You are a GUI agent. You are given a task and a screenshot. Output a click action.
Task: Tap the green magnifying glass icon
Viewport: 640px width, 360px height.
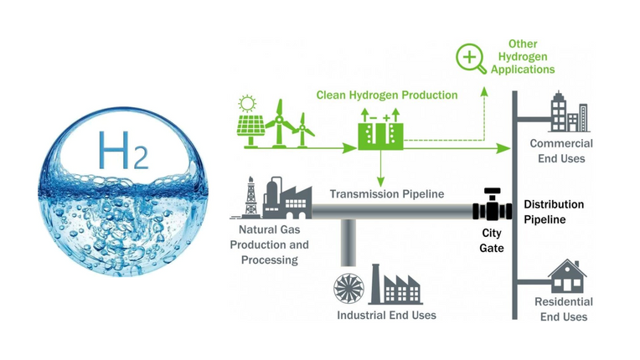[471, 59]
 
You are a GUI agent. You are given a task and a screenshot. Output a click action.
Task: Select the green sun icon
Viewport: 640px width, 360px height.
[246, 105]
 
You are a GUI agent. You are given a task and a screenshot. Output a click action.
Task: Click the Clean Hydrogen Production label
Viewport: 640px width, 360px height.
[387, 95]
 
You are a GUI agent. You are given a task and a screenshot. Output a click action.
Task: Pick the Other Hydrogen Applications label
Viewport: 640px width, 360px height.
[523, 56]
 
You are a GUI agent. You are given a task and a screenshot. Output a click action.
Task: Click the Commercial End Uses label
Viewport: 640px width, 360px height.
[561, 151]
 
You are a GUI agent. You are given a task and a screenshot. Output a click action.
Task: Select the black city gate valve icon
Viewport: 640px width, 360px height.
[492, 205]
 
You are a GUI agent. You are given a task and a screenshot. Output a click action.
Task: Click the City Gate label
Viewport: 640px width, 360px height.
[492, 240]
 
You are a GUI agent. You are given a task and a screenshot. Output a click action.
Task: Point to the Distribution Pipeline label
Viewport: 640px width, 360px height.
[554, 212]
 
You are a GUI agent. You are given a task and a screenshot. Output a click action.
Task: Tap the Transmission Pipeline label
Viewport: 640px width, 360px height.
[386, 194]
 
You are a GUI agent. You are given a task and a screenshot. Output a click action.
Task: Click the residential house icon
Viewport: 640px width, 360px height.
[566, 276]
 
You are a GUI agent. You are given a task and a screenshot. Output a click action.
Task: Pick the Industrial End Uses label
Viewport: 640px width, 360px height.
[386, 316]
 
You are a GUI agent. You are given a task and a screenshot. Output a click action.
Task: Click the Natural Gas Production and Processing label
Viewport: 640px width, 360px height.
[269, 244]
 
